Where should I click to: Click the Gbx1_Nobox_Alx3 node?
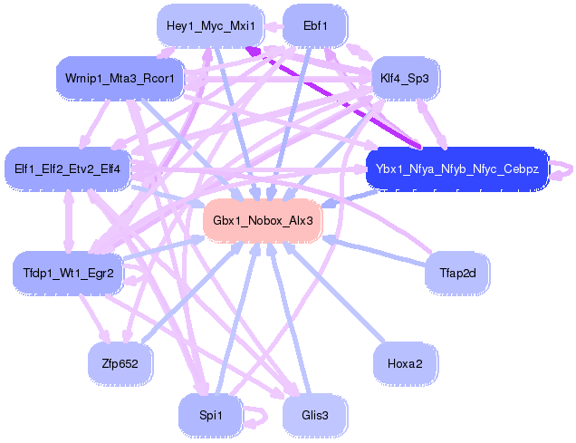[x=263, y=220]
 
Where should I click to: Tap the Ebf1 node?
[x=315, y=25]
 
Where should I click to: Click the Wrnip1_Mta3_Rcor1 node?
[x=120, y=78]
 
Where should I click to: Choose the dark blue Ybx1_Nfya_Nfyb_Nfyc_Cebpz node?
[x=456, y=169]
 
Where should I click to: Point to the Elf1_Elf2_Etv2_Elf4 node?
[x=68, y=168]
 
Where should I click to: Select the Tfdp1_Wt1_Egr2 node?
[x=68, y=272]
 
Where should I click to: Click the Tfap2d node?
[x=457, y=273]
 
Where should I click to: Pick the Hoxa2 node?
[x=405, y=363]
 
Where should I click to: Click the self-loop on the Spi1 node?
[x=260, y=416]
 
